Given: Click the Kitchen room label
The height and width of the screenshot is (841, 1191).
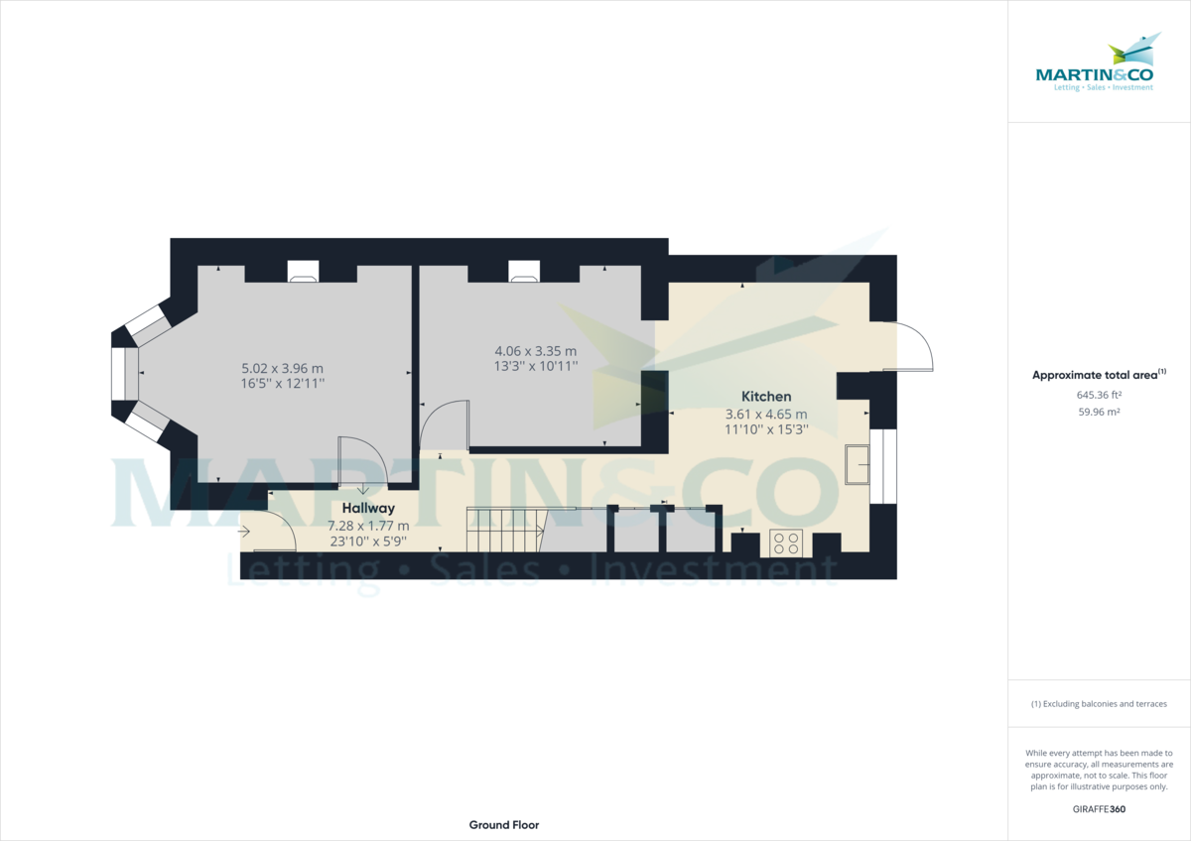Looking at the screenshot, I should point(766,396).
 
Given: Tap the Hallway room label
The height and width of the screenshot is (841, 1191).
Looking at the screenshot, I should point(369,508).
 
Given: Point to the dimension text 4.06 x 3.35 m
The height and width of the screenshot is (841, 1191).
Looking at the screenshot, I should point(536,350).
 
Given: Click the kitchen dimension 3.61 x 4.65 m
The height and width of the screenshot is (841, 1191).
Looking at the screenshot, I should point(766,414).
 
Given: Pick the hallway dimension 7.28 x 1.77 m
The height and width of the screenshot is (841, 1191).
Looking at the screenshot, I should point(369,526).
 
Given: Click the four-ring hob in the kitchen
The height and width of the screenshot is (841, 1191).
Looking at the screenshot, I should point(787,543).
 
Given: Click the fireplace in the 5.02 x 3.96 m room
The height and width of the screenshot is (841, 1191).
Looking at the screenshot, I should point(303,272).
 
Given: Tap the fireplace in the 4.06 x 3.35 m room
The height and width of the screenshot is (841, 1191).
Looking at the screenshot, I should point(524,272).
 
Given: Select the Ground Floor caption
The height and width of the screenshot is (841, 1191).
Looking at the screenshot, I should point(504,825).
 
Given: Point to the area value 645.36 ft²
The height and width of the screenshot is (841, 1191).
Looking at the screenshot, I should point(1099,394).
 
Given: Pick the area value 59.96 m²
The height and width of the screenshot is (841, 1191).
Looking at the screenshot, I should point(1099,412).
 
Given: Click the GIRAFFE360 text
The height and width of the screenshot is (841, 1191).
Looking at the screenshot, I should point(1099,809).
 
